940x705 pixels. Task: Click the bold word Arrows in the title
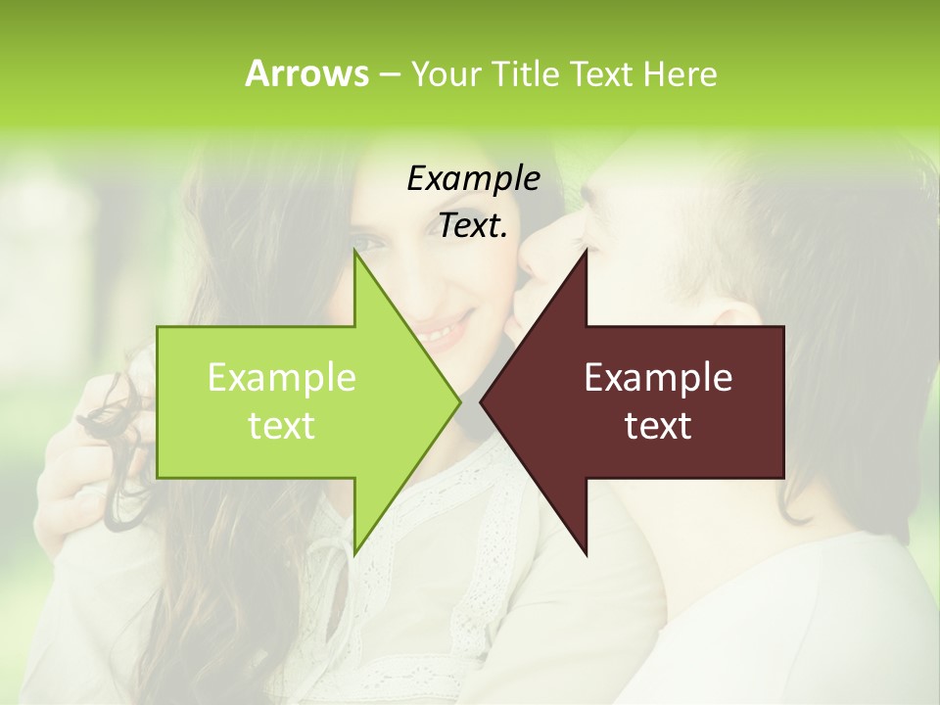click(305, 73)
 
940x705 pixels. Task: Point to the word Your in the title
click(444, 73)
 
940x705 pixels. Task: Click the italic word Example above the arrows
click(473, 178)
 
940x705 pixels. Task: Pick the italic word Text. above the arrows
click(473, 225)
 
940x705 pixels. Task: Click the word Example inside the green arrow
click(281, 377)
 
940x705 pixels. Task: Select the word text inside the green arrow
click(281, 426)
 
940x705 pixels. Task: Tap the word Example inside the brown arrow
click(658, 377)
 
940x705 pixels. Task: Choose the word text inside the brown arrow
click(658, 426)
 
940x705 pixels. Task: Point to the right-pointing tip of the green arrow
click(458, 401)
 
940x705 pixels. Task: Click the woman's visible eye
click(366, 241)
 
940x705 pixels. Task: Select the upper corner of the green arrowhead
click(354, 255)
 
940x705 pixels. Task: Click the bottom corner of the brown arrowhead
click(586, 553)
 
